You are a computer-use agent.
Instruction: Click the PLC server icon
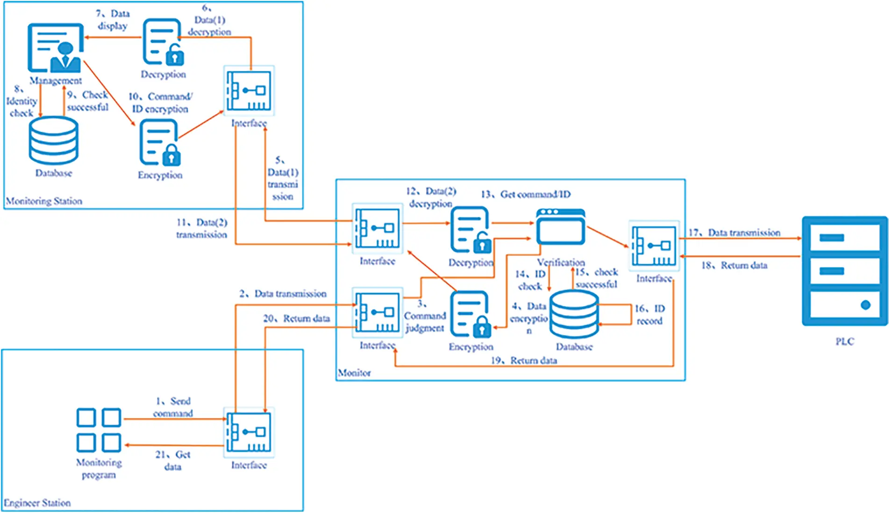tap(844, 271)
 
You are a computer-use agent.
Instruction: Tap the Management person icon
tap(56, 48)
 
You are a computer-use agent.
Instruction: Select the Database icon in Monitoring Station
tap(53, 141)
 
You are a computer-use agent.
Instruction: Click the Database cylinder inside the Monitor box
tap(574, 313)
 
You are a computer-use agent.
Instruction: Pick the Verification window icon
tap(561, 227)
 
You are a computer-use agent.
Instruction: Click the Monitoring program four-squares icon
tap(99, 430)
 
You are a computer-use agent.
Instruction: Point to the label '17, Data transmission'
tap(734, 232)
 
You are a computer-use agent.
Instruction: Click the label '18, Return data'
tap(734, 265)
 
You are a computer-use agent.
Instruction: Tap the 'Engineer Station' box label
tap(37, 503)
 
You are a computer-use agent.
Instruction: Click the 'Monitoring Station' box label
tap(44, 201)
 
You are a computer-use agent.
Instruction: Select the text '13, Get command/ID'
tap(526, 194)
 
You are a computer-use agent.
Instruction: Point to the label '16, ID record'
tap(649, 314)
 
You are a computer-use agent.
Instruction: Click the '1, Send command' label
tap(173, 407)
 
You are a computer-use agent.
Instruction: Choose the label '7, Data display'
tap(113, 20)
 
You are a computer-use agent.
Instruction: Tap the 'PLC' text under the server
tap(844, 342)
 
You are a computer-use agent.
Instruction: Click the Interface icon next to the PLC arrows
tap(654, 246)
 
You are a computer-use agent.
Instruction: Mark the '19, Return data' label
tap(524, 360)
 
